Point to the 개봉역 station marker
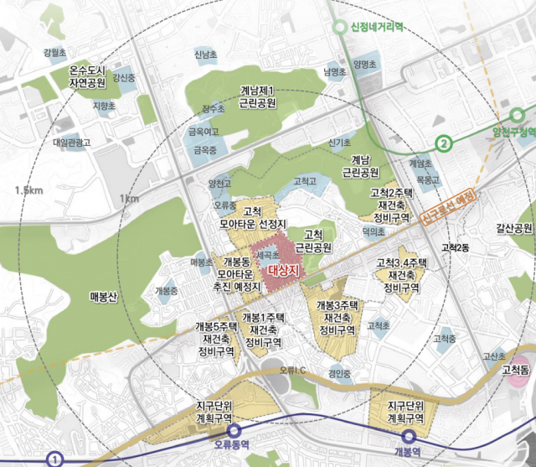(x=409, y=436)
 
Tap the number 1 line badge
(x=54, y=459)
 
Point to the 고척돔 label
(x=515, y=370)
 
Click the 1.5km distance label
(x=28, y=191)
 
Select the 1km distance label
(x=129, y=199)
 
